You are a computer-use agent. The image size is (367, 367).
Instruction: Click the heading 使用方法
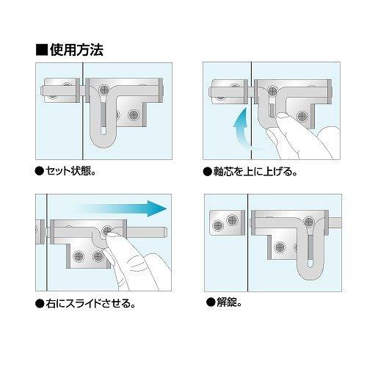click(76, 50)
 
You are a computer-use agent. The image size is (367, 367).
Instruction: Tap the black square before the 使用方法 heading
click(42, 50)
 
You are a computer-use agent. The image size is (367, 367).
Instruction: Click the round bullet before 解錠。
click(209, 302)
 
